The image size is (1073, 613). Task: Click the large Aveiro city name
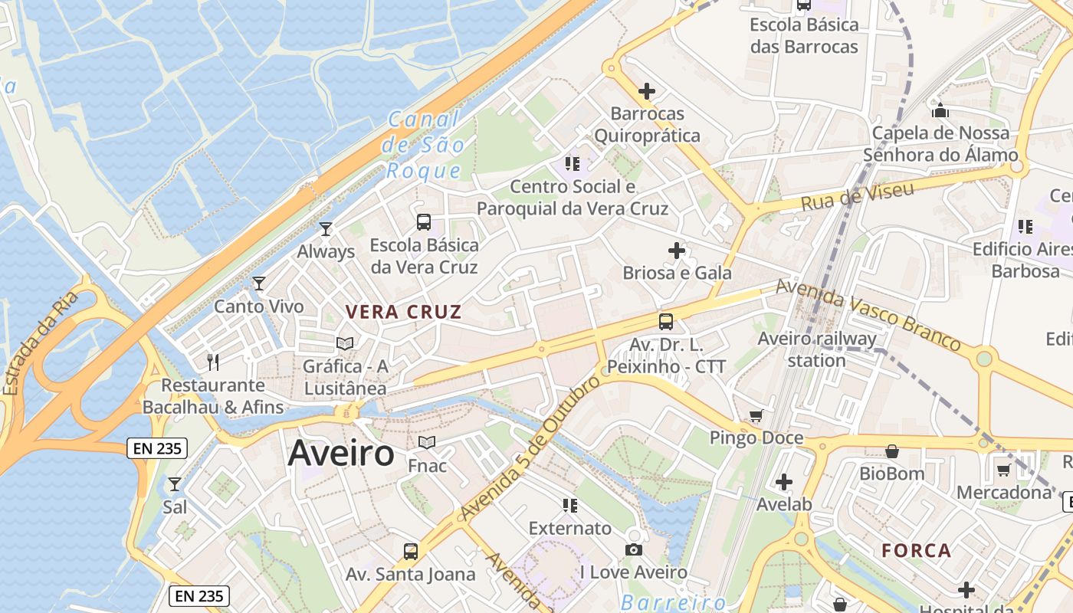pos(341,454)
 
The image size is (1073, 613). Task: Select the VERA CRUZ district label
pos(403,312)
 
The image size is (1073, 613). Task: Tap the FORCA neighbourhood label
pos(916,550)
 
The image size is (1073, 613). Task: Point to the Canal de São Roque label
pos(425,145)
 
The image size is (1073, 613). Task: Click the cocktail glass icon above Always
pos(326,228)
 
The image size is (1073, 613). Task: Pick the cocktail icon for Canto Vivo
pos(259,284)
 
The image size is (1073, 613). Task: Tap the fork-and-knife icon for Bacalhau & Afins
pos(213,362)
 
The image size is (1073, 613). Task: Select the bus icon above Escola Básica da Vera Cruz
pos(424,222)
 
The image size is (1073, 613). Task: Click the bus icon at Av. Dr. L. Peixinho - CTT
pos(666,322)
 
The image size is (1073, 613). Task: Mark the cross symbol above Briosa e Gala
pos(677,251)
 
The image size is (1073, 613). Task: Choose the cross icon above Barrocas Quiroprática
pos(647,91)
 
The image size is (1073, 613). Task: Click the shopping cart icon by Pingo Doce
pos(756,415)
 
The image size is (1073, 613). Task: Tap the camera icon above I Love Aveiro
pos(633,549)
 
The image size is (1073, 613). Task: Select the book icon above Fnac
pos(427,443)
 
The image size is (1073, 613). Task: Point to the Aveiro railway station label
pos(817,349)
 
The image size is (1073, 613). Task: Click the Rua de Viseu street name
pos(858,195)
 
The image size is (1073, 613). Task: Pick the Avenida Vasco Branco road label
pos(868,314)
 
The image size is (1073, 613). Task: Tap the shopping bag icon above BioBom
pos(891,451)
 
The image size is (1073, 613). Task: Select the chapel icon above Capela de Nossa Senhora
pos(940,110)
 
